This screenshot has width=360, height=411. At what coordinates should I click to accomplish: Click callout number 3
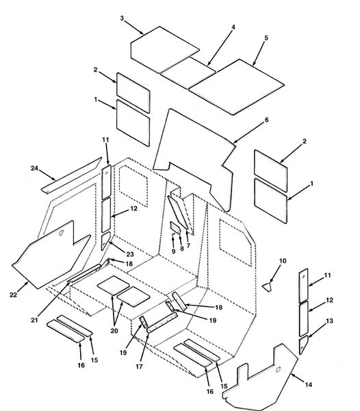(x=122, y=18)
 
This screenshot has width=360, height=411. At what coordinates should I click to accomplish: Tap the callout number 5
(x=266, y=38)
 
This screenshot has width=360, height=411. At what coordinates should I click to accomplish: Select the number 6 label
(x=266, y=120)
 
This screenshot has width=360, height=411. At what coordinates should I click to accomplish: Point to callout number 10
(x=283, y=261)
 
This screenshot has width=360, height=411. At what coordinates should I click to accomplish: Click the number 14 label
(x=309, y=384)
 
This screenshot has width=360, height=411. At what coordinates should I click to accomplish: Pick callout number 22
(x=14, y=295)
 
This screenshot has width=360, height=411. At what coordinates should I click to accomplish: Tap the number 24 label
(x=34, y=169)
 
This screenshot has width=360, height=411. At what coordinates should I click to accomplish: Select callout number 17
(x=139, y=366)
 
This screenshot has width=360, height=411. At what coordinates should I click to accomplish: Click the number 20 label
(x=114, y=331)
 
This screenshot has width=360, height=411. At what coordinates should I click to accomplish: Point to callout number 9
(x=174, y=251)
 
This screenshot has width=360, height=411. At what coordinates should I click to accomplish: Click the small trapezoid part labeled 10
(x=267, y=287)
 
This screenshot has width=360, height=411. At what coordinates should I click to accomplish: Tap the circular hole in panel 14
(x=278, y=370)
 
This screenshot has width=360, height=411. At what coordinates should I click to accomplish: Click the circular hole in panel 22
(x=62, y=233)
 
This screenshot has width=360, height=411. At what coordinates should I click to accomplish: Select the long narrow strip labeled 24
(x=71, y=175)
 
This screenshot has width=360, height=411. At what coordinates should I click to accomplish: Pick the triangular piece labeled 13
(x=303, y=346)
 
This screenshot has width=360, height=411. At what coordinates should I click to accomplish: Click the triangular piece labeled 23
(x=105, y=241)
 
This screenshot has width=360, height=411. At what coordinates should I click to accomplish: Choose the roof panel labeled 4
(x=188, y=73)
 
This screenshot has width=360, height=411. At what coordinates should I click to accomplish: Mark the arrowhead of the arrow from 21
(x=69, y=282)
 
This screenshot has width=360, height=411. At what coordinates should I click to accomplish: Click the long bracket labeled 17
(x=162, y=323)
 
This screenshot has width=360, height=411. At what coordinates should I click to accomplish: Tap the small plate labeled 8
(x=175, y=227)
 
